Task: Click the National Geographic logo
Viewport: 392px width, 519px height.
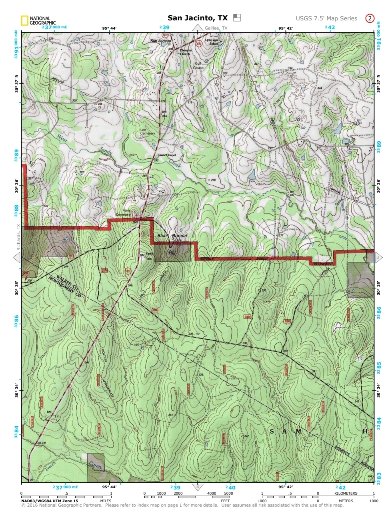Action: (x=38, y=20)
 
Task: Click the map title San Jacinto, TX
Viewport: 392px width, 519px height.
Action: (x=198, y=18)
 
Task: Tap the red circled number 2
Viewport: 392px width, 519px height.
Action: (x=370, y=18)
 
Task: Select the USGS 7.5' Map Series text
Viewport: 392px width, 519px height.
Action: (x=326, y=18)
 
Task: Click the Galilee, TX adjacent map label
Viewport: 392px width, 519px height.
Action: (x=216, y=28)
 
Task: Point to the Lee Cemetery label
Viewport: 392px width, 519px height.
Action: (x=147, y=131)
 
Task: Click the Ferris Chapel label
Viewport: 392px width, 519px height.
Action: (x=166, y=155)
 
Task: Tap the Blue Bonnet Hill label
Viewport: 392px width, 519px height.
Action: (x=172, y=240)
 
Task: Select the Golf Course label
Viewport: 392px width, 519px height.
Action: (x=198, y=66)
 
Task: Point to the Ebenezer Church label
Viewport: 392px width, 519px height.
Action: (x=186, y=52)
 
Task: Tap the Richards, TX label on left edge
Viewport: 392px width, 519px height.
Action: (x=18, y=237)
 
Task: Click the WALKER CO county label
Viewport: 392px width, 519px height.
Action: (x=67, y=282)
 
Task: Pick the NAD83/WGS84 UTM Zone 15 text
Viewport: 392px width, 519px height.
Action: (x=50, y=501)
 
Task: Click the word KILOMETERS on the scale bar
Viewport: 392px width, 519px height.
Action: (x=346, y=493)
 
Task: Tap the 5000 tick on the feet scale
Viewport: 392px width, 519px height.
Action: (x=228, y=493)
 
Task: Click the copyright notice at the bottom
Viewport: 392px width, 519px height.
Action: (x=182, y=505)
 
